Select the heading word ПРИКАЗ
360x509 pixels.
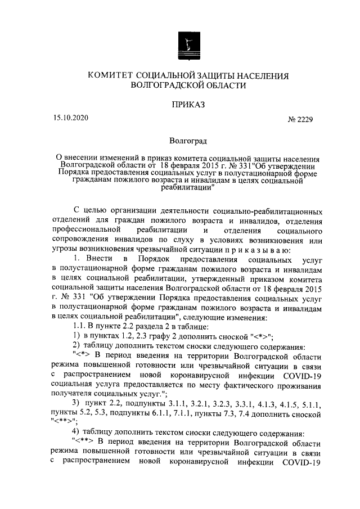click(x=187, y=103)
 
